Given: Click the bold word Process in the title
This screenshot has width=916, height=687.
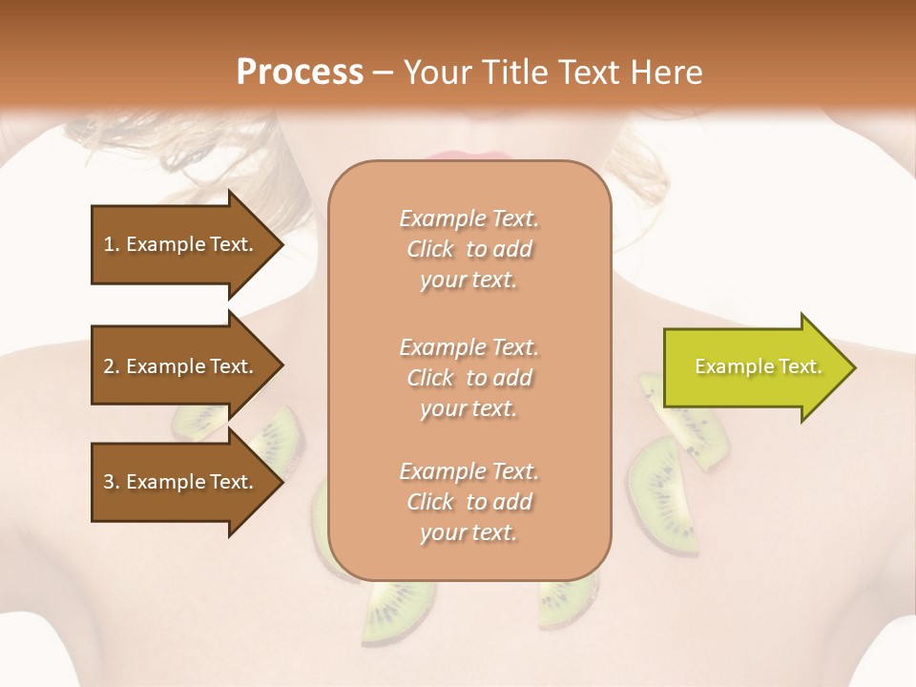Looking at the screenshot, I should [x=300, y=73].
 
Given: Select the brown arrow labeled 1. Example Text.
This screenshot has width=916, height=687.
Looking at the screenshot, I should [x=181, y=244].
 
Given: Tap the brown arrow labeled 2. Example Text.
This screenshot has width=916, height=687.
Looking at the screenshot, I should [x=181, y=366].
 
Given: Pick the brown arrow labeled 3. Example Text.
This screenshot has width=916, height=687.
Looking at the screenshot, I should [x=181, y=482].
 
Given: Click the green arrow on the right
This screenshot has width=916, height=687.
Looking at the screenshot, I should [x=754, y=367].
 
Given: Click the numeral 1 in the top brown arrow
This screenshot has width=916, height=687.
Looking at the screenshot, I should [x=109, y=244].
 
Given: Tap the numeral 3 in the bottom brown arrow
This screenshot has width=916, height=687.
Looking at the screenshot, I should [x=109, y=482].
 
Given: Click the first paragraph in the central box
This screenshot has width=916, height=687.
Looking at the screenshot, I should [x=468, y=249].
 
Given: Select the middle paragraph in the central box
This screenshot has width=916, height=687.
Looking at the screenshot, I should [x=468, y=378].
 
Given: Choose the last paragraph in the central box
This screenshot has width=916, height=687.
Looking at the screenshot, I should [x=468, y=502].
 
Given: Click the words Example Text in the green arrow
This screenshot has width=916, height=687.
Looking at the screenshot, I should [x=758, y=366].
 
